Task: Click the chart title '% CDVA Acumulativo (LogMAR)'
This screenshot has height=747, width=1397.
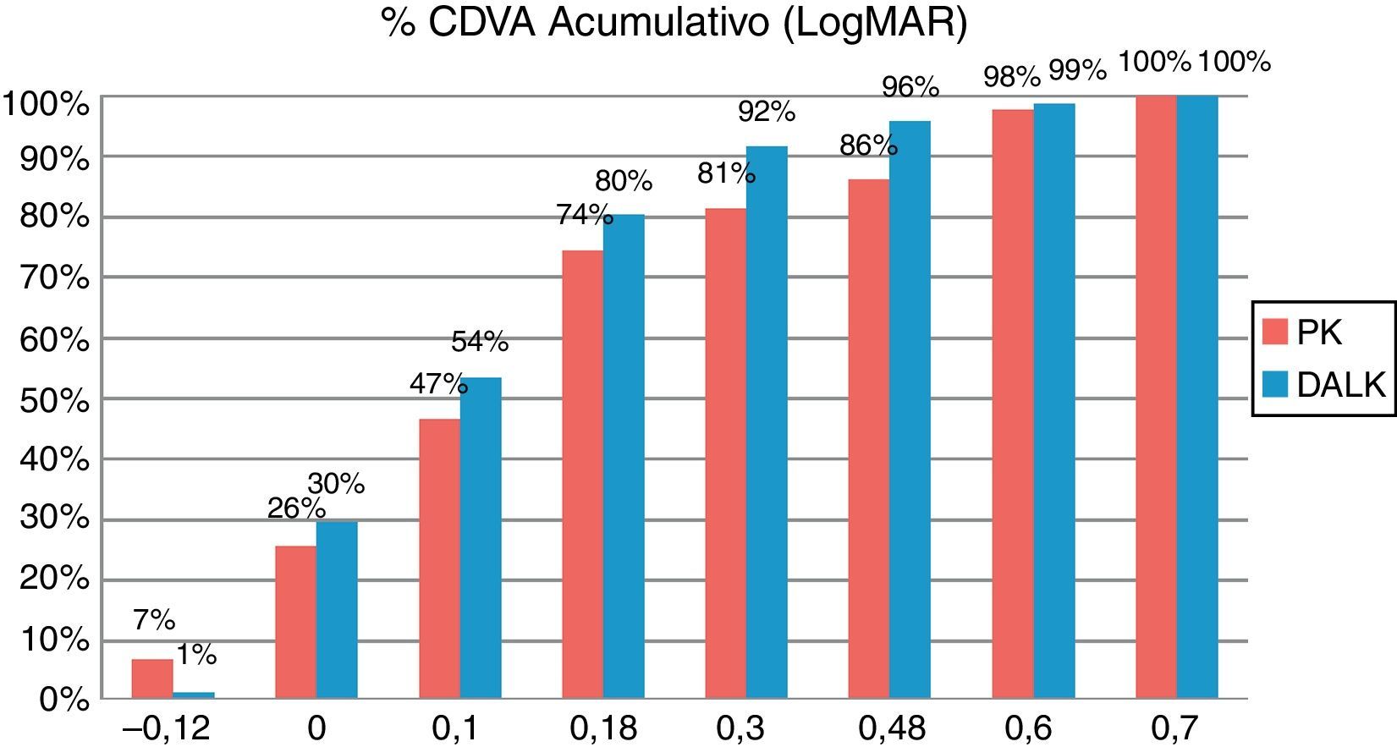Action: (x=674, y=23)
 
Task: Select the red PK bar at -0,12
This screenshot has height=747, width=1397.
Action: (x=152, y=678)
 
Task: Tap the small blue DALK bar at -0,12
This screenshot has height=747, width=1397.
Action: (x=194, y=695)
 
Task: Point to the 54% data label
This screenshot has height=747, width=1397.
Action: (x=480, y=342)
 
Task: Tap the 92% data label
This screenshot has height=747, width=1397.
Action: (x=767, y=111)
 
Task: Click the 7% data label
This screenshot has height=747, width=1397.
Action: (x=154, y=620)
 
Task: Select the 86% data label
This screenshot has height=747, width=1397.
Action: (x=868, y=146)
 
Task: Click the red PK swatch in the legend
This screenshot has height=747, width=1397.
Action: (x=1274, y=332)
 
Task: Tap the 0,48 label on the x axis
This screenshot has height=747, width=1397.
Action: (x=892, y=728)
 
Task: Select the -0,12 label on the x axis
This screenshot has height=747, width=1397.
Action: (x=166, y=728)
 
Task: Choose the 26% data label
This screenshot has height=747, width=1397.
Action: (x=296, y=508)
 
